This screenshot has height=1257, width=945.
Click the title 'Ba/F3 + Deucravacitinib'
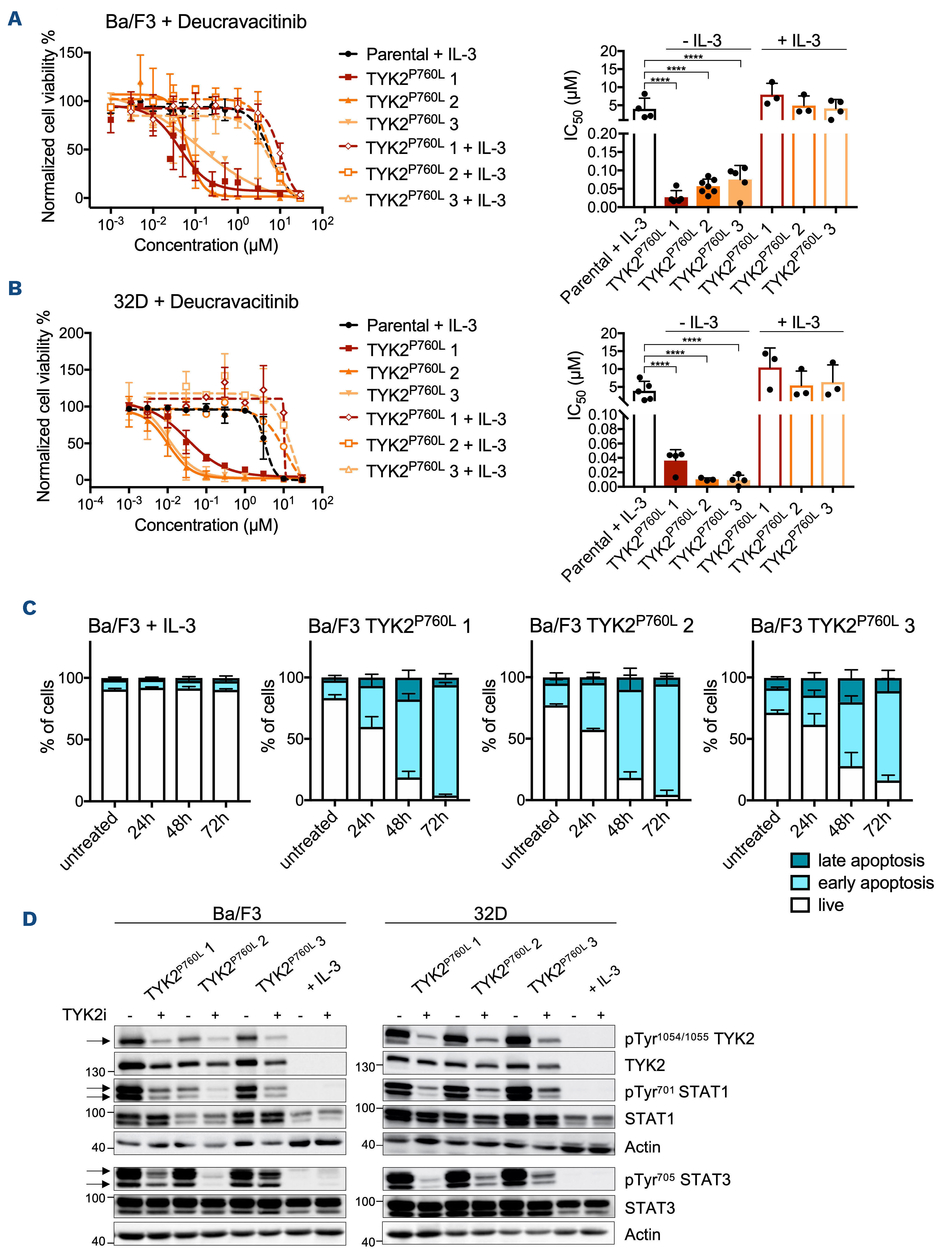point(206,22)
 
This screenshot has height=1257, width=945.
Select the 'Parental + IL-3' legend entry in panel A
point(421,55)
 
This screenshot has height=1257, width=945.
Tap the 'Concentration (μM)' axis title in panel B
point(206,525)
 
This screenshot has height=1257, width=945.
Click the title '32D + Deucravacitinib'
point(206,302)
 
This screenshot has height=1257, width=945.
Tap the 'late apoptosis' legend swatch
point(800,860)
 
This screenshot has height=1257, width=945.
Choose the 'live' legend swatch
point(800,905)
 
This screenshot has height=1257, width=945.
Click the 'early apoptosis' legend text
point(876,883)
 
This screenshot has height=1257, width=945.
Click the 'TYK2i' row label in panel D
point(84,1014)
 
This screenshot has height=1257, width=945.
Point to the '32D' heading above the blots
point(490,914)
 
